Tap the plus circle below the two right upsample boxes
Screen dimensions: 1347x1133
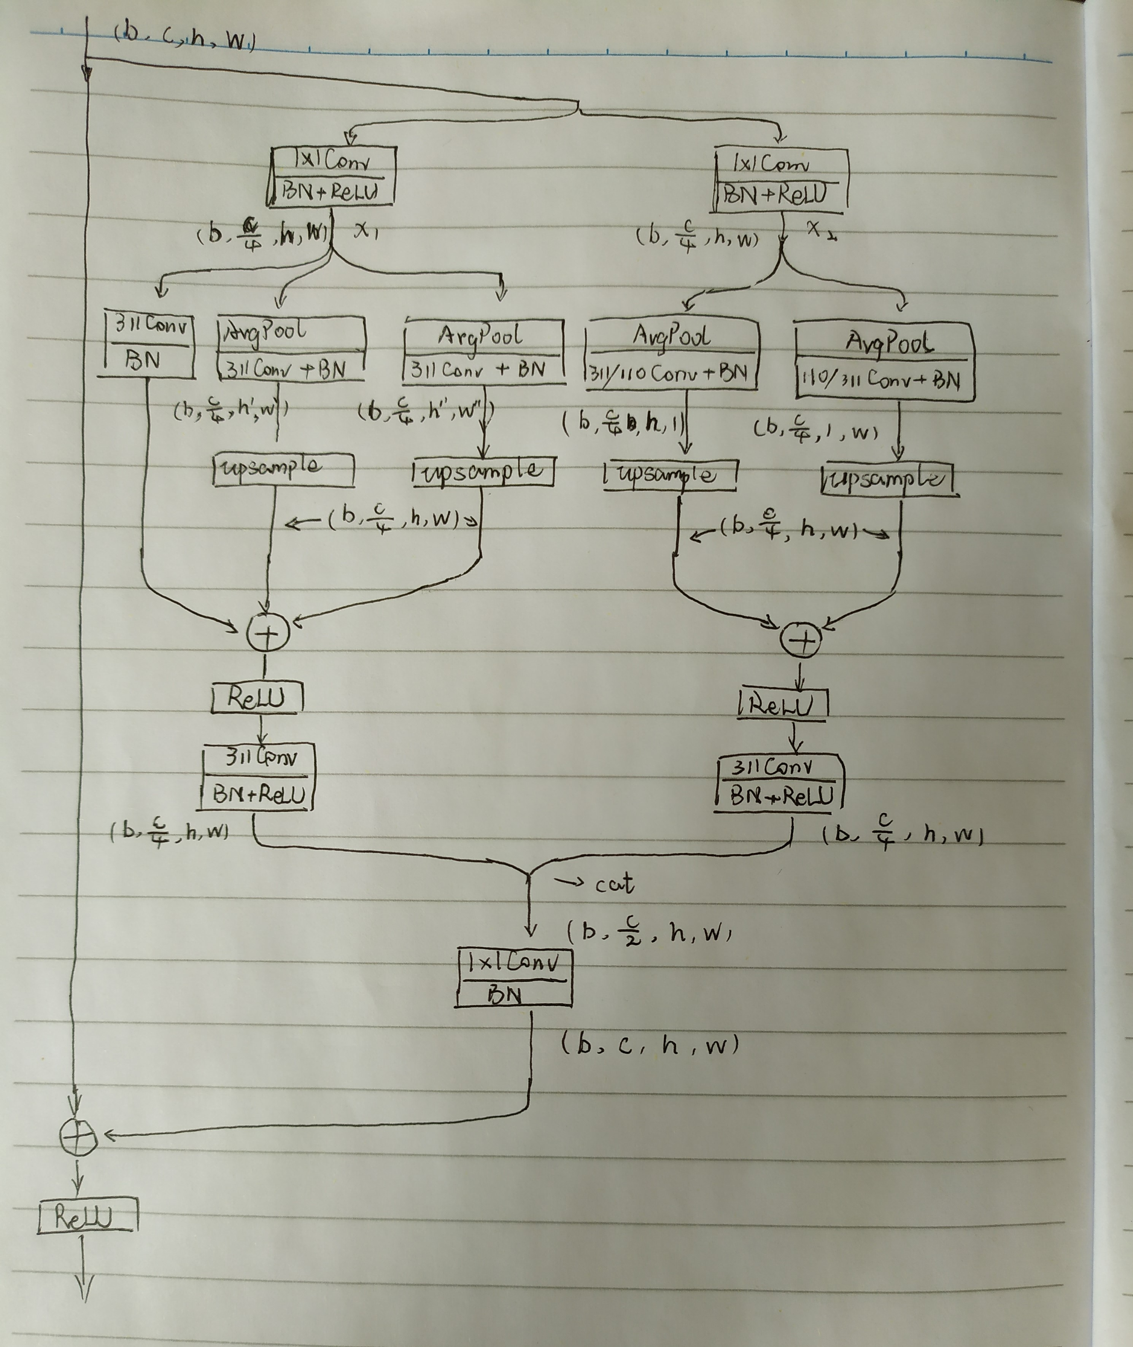[x=800, y=641]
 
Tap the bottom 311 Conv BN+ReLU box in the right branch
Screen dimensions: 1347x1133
[x=779, y=783]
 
